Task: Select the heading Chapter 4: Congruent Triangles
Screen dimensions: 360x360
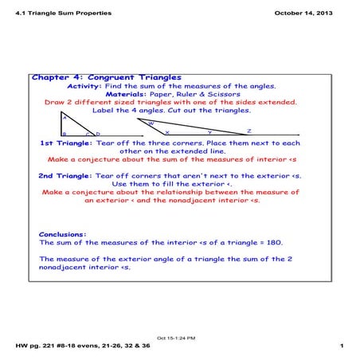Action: [107, 77]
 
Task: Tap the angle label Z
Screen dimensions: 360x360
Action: [248, 130]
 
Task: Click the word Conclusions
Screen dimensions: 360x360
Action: [62, 234]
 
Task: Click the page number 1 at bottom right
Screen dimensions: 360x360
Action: [341, 346]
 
